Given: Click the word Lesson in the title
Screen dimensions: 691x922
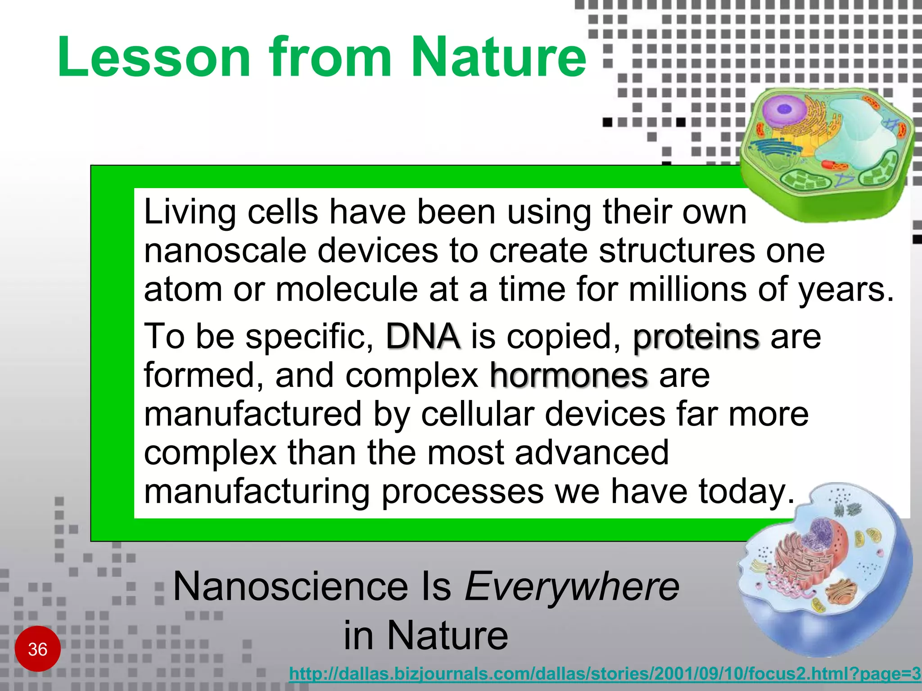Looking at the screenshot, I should tap(153, 58).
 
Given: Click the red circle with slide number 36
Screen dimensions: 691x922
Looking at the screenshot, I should tap(38, 649).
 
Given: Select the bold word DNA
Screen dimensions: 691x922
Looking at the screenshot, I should tap(423, 337).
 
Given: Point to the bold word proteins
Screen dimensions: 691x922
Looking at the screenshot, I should tap(696, 337).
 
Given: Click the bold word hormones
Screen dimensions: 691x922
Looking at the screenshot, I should tap(569, 376).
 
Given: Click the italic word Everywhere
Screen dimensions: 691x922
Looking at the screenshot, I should tap(572, 587).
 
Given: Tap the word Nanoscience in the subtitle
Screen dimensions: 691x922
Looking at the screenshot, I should tap(290, 587).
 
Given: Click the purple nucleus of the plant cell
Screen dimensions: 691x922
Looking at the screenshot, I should tap(784, 109).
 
